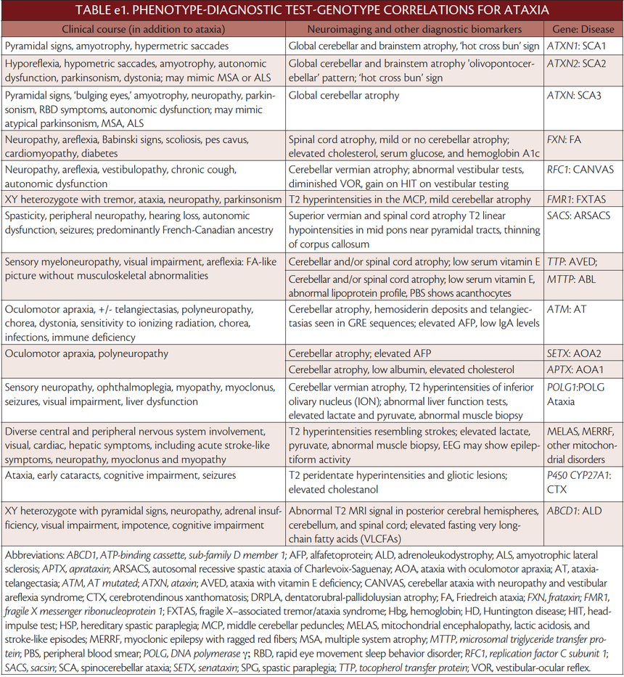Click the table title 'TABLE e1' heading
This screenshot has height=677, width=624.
tap(311, 10)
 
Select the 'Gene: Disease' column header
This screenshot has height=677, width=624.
tap(582, 29)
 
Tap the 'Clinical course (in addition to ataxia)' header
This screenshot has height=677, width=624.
tap(144, 29)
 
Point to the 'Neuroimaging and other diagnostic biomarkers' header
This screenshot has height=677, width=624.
tap(414, 29)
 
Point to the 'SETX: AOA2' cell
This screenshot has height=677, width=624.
tap(576, 354)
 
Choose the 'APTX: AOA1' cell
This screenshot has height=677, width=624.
tap(576, 369)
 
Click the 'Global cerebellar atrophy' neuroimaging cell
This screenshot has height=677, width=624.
tap(344, 95)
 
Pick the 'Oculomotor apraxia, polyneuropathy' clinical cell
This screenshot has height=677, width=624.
tap(86, 354)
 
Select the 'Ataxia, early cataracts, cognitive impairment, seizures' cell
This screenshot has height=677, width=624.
tap(120, 475)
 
